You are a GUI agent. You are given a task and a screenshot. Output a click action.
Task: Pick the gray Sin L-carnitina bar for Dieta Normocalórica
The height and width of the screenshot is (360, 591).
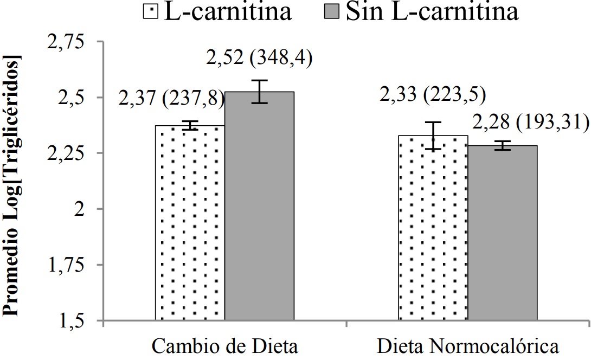point(503,233)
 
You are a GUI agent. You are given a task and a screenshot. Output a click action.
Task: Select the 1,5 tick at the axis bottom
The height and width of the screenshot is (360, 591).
point(75,320)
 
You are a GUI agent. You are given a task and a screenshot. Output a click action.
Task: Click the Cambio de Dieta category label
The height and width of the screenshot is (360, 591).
point(224,346)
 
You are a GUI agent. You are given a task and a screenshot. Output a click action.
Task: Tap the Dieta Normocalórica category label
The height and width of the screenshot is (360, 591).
point(467,346)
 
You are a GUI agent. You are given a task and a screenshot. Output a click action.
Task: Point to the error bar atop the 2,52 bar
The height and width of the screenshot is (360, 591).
point(259,91)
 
